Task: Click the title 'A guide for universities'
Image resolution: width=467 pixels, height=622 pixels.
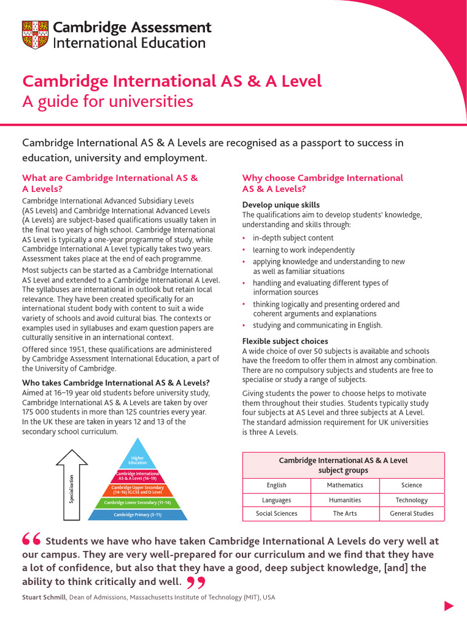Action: pyautogui.click(x=108, y=101)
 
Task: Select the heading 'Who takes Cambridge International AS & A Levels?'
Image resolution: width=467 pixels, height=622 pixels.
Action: pyautogui.click(x=116, y=383)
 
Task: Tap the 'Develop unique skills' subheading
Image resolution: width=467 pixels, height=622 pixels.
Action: pyautogui.click(x=281, y=205)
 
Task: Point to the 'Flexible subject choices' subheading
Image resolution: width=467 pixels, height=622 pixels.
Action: pyautogui.click(x=285, y=341)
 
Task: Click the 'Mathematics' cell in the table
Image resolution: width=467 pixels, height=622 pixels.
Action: pyautogui.click(x=345, y=485)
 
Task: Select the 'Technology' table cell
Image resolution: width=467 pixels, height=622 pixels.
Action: pyautogui.click(x=412, y=500)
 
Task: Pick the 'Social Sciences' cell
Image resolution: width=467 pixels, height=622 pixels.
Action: pyautogui.click(x=277, y=514)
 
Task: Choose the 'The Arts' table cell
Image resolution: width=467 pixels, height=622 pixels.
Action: pyautogui.click(x=345, y=514)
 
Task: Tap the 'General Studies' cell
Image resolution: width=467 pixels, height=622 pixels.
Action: pyautogui.click(x=412, y=514)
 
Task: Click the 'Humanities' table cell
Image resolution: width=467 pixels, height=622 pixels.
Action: pyautogui.click(x=345, y=500)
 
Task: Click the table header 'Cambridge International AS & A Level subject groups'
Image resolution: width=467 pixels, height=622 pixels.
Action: pyautogui.click(x=344, y=465)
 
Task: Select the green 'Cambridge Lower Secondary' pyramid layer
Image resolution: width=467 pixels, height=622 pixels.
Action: pyautogui.click(x=137, y=503)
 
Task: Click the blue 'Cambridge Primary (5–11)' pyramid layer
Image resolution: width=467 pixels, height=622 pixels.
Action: pyautogui.click(x=137, y=515)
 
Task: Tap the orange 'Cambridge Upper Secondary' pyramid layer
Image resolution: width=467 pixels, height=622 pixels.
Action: pyautogui.click(x=137, y=490)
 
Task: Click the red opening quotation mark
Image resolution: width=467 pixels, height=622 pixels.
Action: pyautogui.click(x=32, y=540)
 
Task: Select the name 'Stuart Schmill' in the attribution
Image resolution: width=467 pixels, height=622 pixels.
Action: pyautogui.click(x=44, y=597)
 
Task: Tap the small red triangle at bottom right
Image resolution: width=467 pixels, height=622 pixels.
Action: pyautogui.click(x=449, y=606)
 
